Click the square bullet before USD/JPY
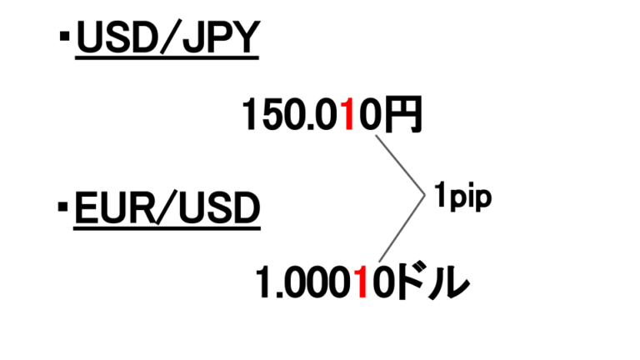coord(64,37)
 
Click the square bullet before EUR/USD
coord(62,207)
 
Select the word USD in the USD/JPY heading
coord(117,37)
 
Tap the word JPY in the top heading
coord(221,37)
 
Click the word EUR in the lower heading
coord(115,207)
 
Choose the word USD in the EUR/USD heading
coord(219,207)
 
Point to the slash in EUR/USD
coord(167,207)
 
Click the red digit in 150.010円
coord(347,115)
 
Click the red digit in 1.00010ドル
coord(361,282)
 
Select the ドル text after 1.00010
coord(433,282)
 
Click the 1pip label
coord(462,197)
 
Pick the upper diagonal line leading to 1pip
coord(400,165)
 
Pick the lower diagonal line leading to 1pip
coord(402,228)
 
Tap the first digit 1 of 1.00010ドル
coord(263,282)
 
